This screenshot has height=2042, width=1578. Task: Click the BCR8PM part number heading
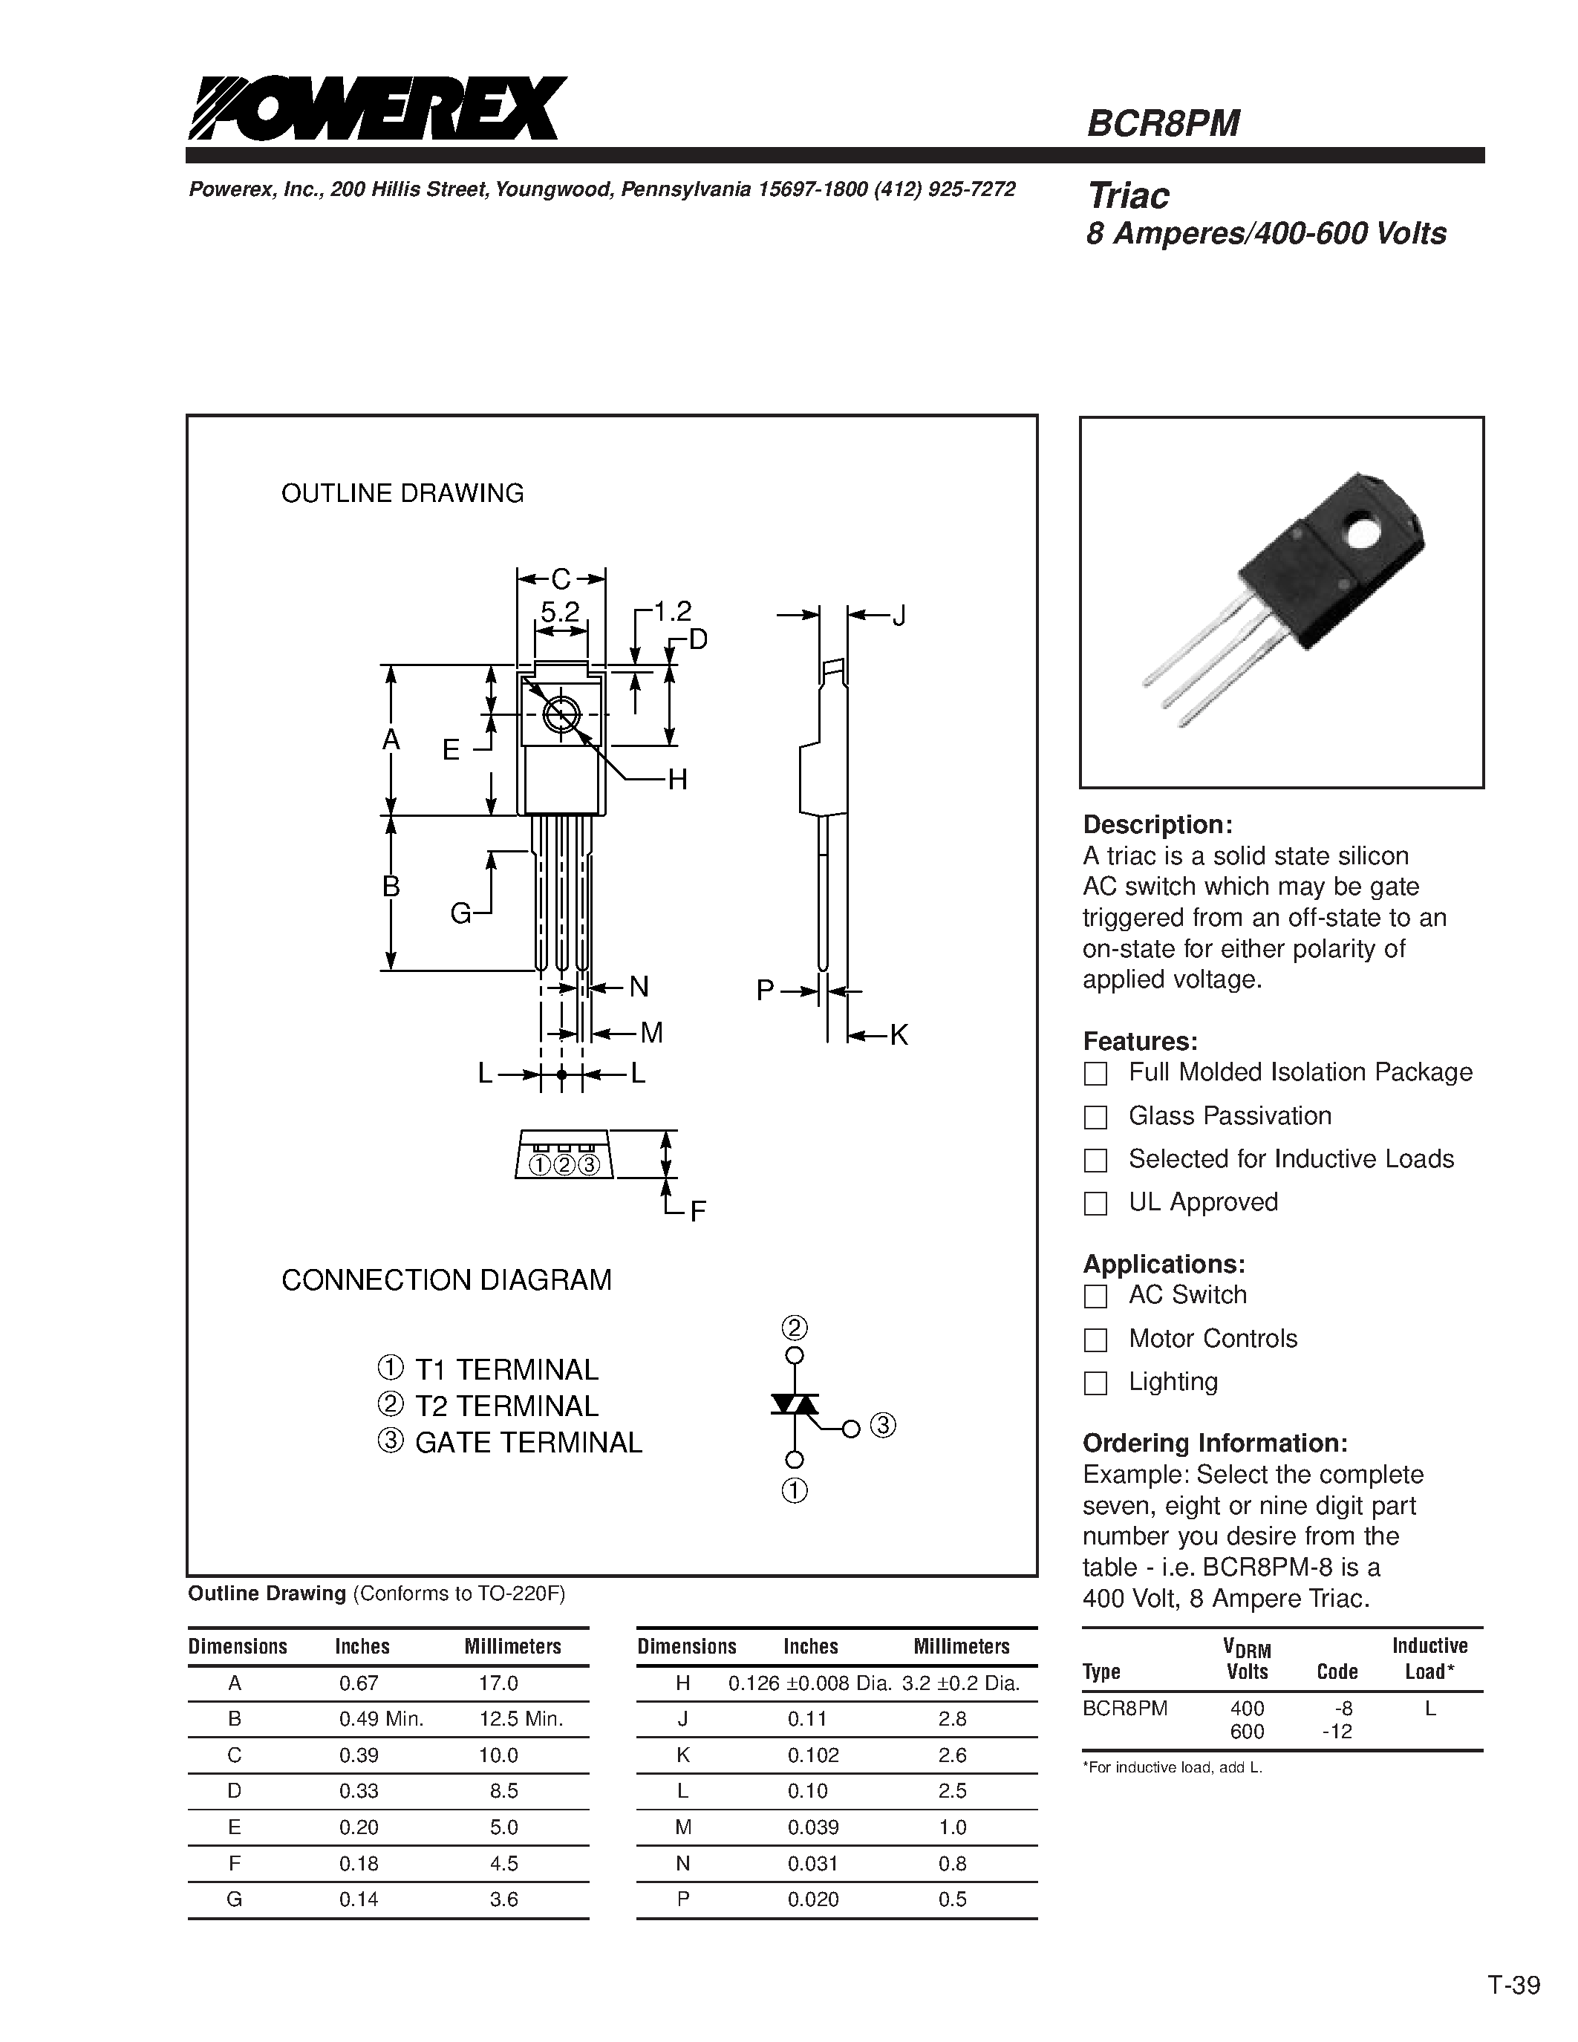[x=1163, y=123]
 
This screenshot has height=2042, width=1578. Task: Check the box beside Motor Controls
[x=1095, y=1340]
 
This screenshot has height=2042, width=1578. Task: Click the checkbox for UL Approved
[x=1095, y=1204]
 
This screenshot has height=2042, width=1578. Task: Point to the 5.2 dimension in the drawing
[x=560, y=613]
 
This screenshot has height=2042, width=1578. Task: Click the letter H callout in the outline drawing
[x=676, y=779]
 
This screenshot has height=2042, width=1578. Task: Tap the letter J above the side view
[x=899, y=616]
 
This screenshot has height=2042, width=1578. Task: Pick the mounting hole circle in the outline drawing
[x=561, y=715]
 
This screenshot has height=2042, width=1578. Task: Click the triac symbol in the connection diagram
[x=794, y=1404]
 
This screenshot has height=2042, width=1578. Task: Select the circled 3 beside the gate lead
[x=882, y=1426]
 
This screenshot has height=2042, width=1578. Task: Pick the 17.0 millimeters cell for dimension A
[x=498, y=1683]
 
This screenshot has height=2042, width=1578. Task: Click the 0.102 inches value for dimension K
[x=813, y=1755]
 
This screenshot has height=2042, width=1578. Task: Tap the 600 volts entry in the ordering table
[x=1247, y=1732]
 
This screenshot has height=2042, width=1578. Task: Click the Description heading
[x=1158, y=825]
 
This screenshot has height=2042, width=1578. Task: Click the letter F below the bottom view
[x=697, y=1212]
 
